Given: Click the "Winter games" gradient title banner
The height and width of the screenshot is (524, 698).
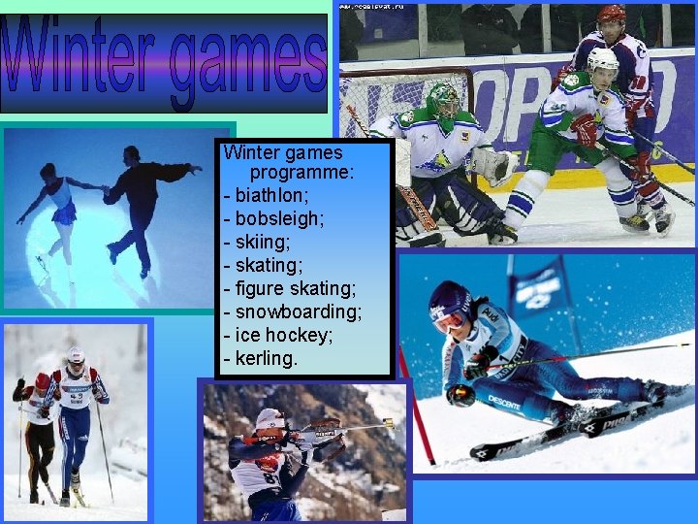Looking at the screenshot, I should (164, 63).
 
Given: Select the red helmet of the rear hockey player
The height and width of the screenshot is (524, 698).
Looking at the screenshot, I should (611, 14).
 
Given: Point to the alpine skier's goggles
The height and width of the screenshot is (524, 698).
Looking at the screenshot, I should (449, 321).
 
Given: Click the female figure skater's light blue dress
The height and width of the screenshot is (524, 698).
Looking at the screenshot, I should (64, 206).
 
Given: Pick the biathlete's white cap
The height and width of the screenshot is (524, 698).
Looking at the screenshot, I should (270, 418).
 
